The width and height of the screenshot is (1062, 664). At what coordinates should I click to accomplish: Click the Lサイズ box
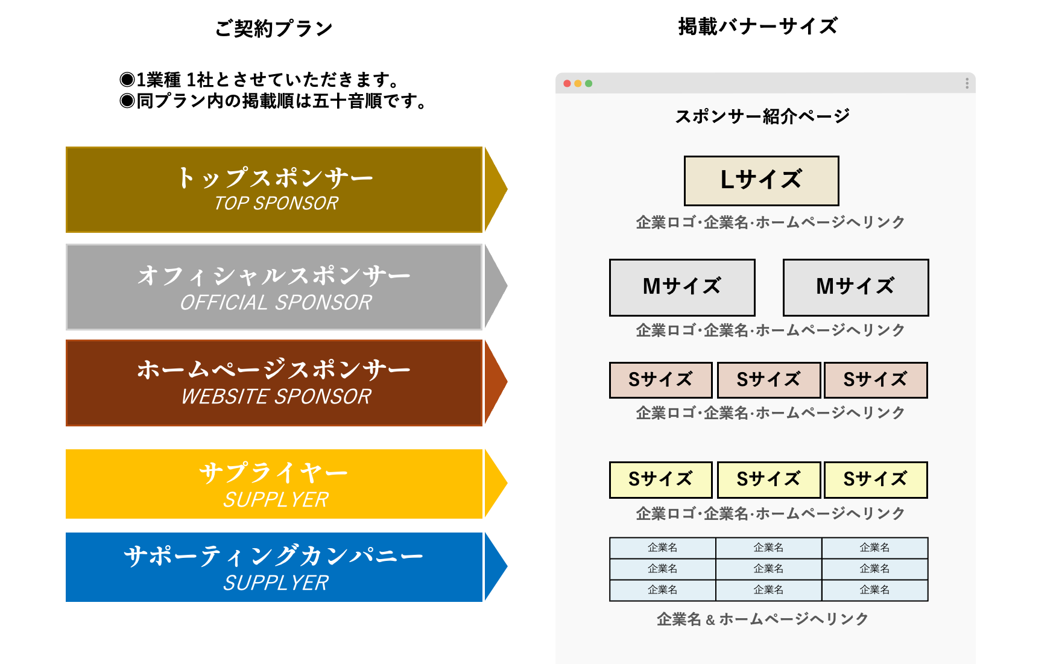(761, 181)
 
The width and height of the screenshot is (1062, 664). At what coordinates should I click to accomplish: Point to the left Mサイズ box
(682, 288)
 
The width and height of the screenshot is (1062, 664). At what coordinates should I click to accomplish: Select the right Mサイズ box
(856, 288)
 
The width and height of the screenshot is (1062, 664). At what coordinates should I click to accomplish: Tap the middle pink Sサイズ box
(769, 380)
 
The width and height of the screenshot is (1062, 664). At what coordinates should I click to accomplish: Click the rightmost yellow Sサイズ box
(876, 480)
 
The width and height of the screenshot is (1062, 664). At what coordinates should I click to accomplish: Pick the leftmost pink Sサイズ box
(661, 380)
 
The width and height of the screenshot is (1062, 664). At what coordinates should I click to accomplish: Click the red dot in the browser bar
(567, 83)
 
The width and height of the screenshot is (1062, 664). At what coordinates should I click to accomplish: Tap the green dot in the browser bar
(589, 83)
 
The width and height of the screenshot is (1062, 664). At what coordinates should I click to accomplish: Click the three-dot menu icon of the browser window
(967, 83)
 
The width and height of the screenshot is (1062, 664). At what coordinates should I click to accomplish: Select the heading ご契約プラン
(274, 28)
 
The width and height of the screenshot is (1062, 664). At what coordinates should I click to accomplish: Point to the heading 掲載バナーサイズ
(758, 27)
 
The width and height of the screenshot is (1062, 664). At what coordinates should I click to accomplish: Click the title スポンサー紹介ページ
(762, 116)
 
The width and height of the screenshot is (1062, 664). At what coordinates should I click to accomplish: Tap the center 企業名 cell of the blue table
(769, 569)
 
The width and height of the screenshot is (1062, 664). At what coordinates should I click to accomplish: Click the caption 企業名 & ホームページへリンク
(762, 619)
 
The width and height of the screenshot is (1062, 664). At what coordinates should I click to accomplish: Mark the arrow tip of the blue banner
(507, 567)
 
